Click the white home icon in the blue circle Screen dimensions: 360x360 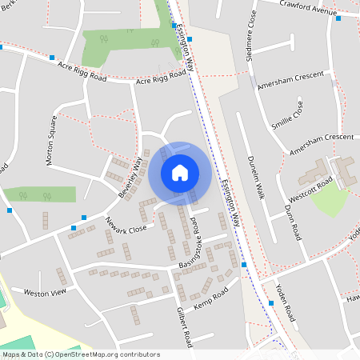tap(179, 172)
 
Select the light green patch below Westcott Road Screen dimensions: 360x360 tap(330, 201)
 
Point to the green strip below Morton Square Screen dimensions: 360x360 tap(40, 194)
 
